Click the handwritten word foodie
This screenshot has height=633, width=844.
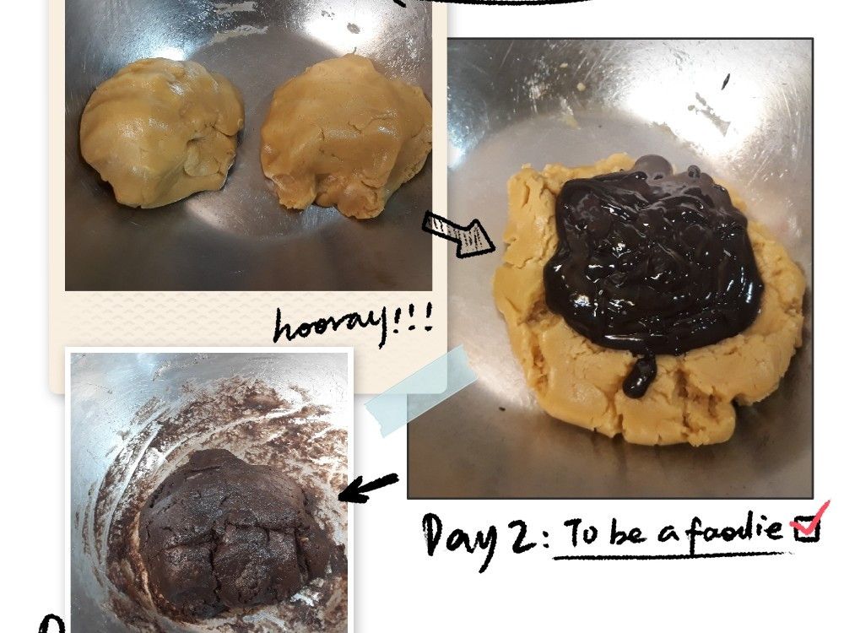click(x=735, y=531)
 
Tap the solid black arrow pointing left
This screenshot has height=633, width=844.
click(x=369, y=488)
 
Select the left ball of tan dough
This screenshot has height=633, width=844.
click(x=161, y=133)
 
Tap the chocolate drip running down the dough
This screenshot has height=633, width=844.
click(x=639, y=374)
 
